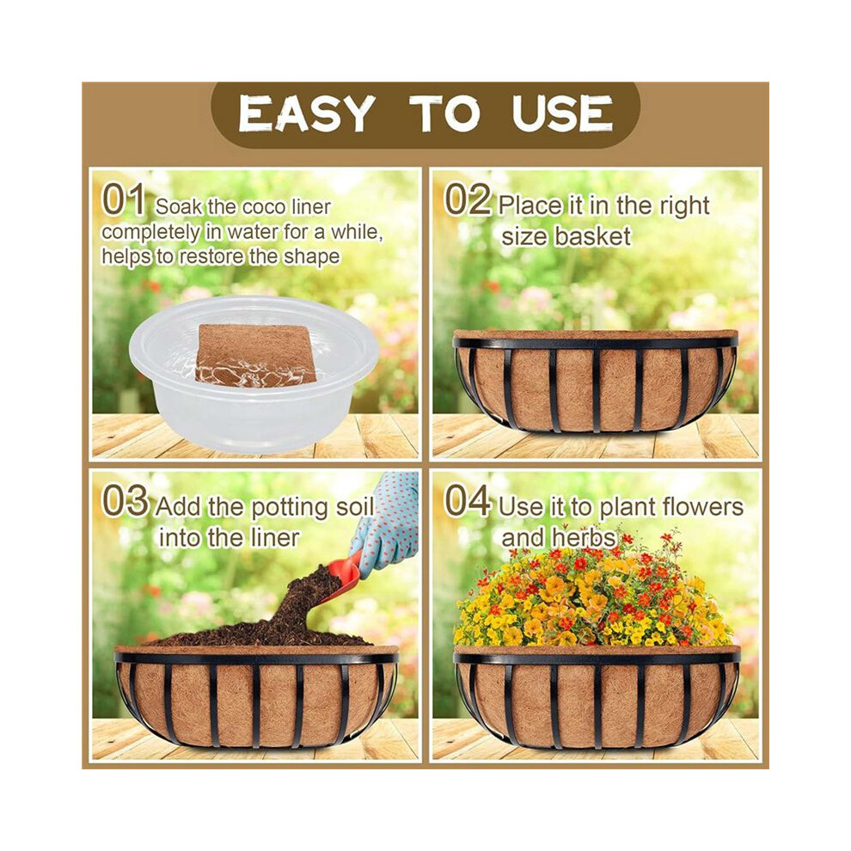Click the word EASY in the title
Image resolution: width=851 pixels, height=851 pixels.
click(x=307, y=114)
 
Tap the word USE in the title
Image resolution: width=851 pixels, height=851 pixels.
click(x=561, y=114)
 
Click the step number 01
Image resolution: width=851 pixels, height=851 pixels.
click(x=124, y=199)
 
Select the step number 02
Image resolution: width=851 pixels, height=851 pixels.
click(x=468, y=199)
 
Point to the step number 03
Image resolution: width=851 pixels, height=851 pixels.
click(x=125, y=500)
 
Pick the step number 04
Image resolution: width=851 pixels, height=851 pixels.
click(x=468, y=500)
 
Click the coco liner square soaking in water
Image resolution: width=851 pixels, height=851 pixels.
click(x=255, y=356)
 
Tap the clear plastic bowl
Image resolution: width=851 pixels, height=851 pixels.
click(x=247, y=375)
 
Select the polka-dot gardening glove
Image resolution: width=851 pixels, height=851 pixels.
click(x=388, y=521)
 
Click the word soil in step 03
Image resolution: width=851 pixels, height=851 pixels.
click(x=355, y=507)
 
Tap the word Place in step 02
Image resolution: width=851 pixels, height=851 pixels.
click(x=530, y=206)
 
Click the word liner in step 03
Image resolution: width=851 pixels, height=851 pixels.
click(x=275, y=538)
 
